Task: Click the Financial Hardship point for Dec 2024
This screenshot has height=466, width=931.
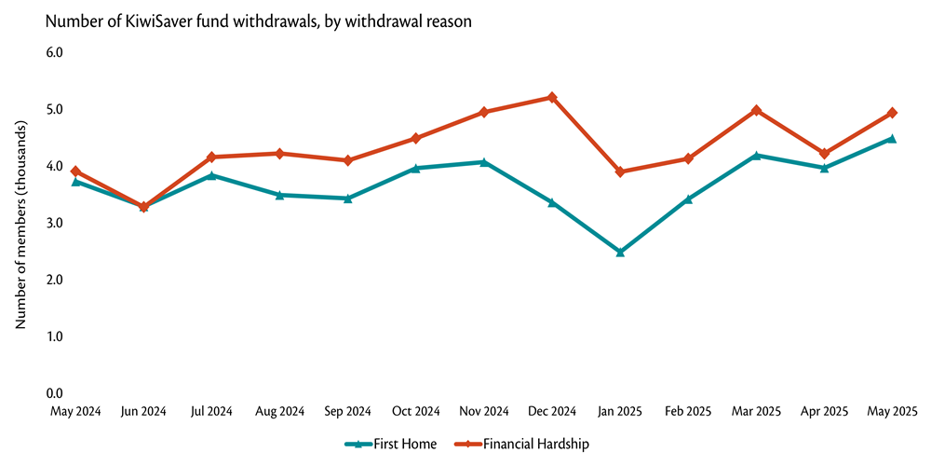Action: coord(552,98)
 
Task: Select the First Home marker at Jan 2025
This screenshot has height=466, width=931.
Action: coord(620,252)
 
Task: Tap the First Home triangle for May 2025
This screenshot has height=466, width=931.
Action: coord(892,139)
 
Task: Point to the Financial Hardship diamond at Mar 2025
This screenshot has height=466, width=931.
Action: coord(756,110)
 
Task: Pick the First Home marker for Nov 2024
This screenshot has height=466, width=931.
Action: coord(484,162)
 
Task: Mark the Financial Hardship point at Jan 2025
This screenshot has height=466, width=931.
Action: coord(620,171)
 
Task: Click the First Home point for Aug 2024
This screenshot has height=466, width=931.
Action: coord(279,195)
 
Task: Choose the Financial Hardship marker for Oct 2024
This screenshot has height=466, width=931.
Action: coord(416,138)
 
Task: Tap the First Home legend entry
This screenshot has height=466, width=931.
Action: coord(391,444)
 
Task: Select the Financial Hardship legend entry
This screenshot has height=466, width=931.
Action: coord(521,444)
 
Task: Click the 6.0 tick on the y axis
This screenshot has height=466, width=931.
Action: coord(54,52)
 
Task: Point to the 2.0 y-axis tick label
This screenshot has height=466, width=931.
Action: coord(54,280)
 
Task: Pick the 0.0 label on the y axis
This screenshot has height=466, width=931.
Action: coord(54,393)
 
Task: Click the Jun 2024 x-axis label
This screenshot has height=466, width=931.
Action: coord(143,411)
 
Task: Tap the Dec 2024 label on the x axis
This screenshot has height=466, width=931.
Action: coord(552,411)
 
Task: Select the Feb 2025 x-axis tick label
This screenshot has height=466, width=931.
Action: coord(688,411)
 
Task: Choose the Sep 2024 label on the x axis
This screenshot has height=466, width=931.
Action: coord(347,411)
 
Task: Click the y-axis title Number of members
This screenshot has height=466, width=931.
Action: coord(20,224)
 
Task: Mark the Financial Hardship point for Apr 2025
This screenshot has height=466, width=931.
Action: coord(824,153)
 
